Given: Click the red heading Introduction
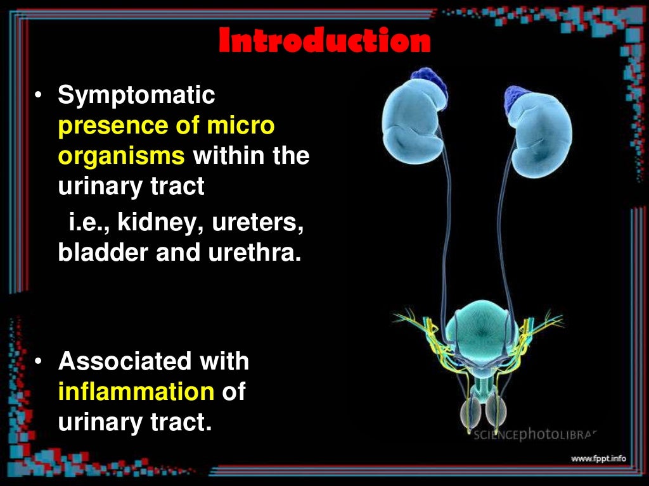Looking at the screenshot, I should pos(324,41).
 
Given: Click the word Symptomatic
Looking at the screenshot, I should pos(136,96).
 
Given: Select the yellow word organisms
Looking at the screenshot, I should pos(121,156).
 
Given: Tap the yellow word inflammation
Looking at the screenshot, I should pos(136,392).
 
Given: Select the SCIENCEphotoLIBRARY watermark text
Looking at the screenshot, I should pos(536,435).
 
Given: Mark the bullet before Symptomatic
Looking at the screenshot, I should pos(39,96).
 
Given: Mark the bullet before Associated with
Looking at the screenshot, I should pos(39,363).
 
